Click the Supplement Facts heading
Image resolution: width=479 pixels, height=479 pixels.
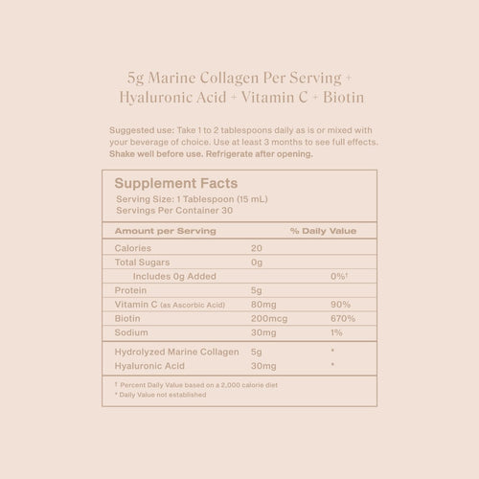176,183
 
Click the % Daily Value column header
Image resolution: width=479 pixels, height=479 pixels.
323,231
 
